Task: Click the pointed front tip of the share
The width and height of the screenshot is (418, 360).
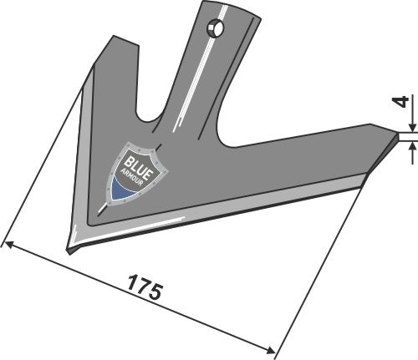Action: tap(70, 248)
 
